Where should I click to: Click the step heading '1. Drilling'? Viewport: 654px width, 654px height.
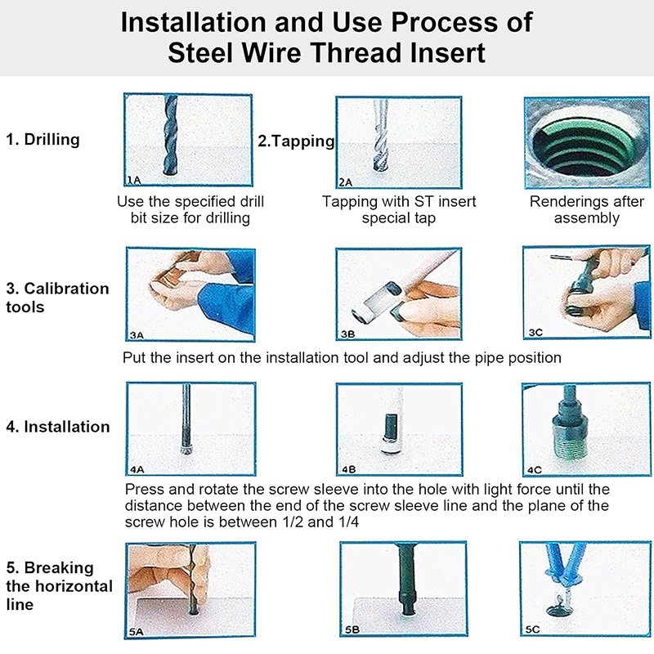click(x=43, y=139)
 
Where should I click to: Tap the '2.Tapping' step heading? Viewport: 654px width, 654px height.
click(x=296, y=141)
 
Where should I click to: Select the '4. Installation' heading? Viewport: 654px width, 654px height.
click(x=58, y=427)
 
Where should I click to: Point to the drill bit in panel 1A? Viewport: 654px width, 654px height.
click(x=171, y=136)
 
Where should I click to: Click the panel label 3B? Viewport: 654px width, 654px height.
click(x=348, y=334)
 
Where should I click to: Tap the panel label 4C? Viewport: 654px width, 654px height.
click(x=535, y=470)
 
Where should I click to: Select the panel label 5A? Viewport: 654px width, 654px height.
click(x=136, y=632)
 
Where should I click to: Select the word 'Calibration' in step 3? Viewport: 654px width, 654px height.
click(x=67, y=289)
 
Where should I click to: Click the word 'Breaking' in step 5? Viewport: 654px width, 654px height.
click(x=59, y=567)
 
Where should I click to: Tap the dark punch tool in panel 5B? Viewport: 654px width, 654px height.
click(x=406, y=579)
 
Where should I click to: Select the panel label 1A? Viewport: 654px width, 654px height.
click(x=134, y=180)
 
